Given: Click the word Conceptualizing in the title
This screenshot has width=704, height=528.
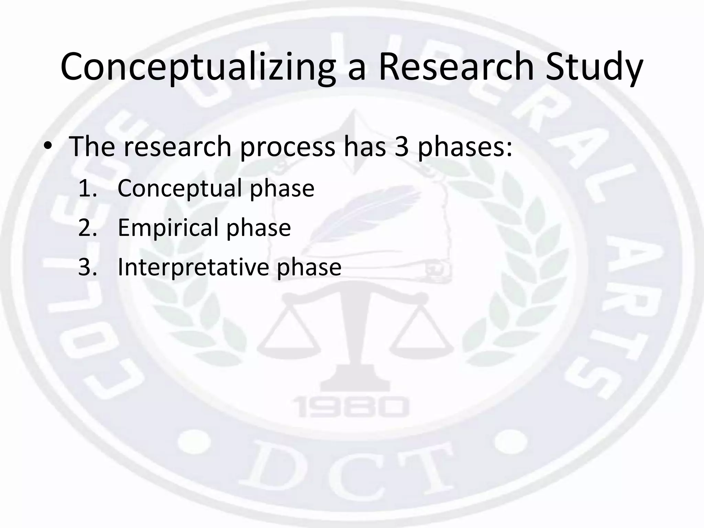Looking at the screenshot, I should (198, 67).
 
